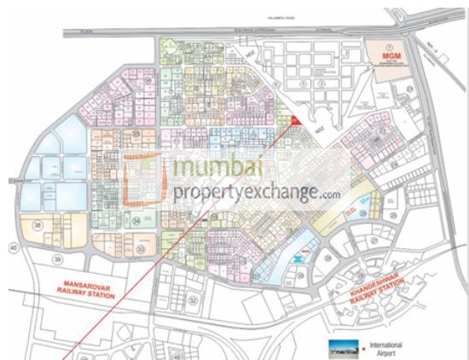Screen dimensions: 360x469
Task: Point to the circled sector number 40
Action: click(x=13, y=247)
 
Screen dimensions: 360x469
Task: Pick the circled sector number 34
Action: click(x=136, y=220)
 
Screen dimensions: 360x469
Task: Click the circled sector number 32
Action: click(x=194, y=301)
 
